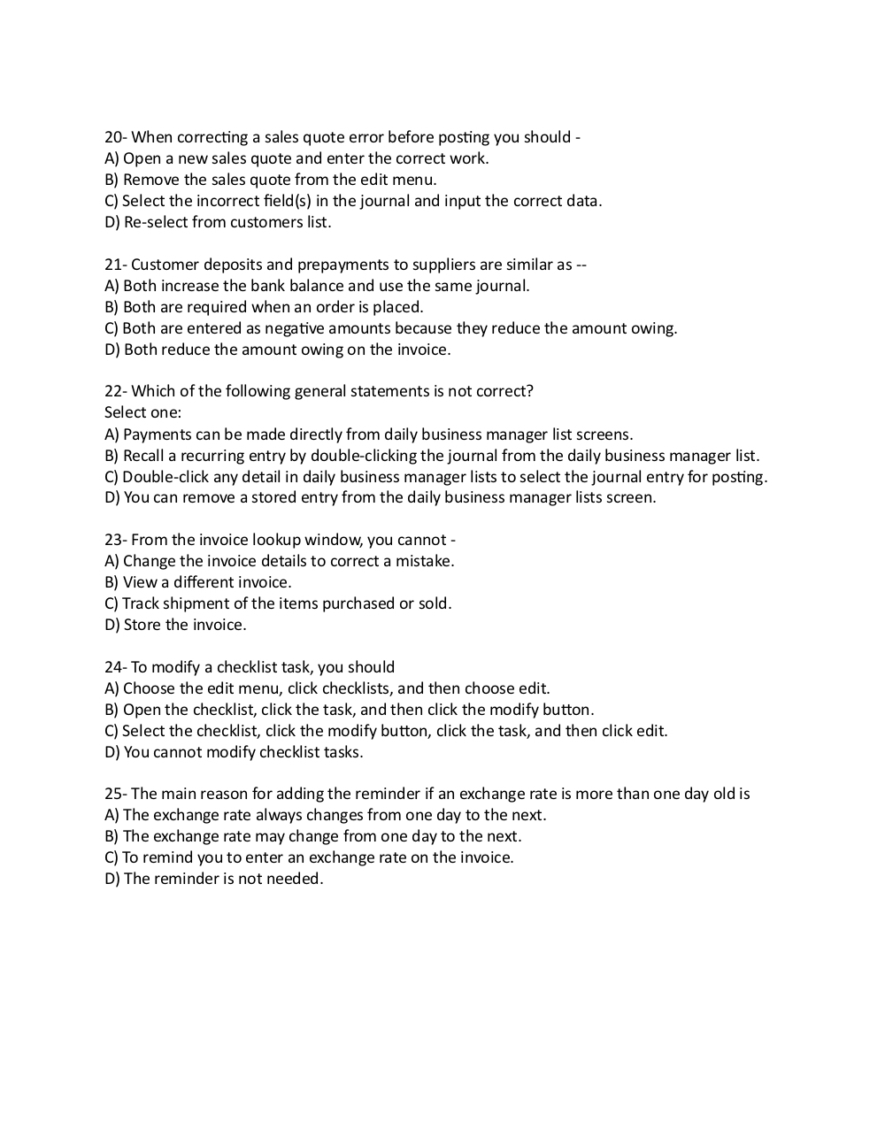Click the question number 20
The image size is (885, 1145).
coord(114,137)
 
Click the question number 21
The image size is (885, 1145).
coord(114,265)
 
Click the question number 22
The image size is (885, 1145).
coord(114,391)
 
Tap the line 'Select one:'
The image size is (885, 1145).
coord(142,412)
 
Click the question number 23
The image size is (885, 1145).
coord(114,540)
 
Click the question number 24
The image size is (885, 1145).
coord(114,667)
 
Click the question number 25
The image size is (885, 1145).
coord(114,794)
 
